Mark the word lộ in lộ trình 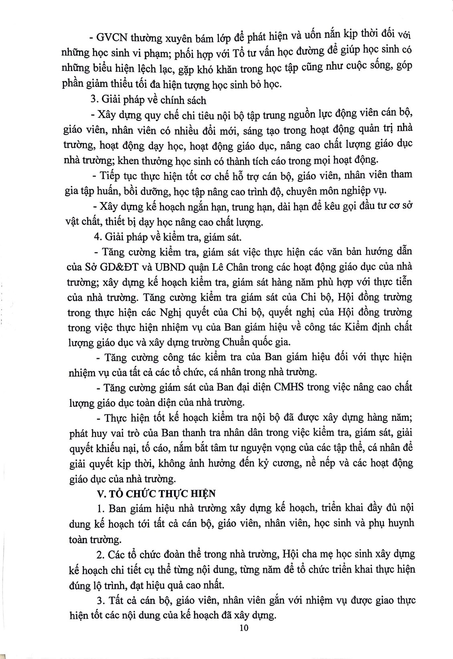click(97, 585)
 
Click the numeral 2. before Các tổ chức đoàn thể click(101, 555)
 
